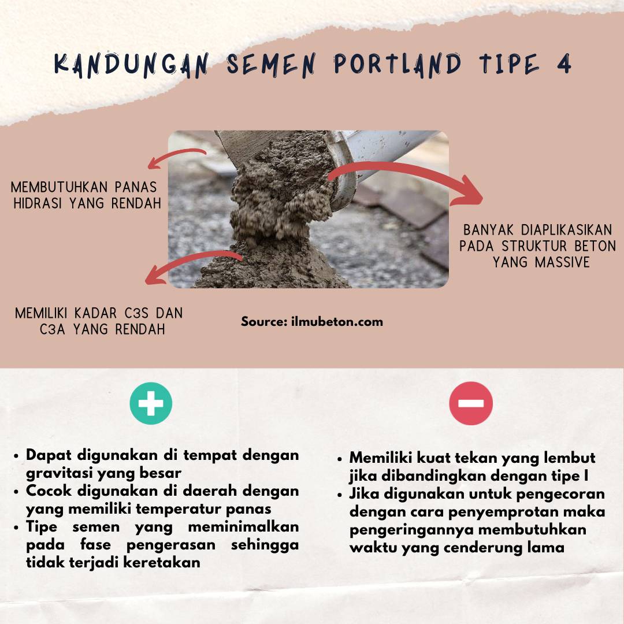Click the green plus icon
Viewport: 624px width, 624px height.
click(151, 403)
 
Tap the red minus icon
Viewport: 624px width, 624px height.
click(471, 403)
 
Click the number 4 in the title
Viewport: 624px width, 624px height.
click(563, 64)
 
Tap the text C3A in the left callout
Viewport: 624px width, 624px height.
click(55, 329)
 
